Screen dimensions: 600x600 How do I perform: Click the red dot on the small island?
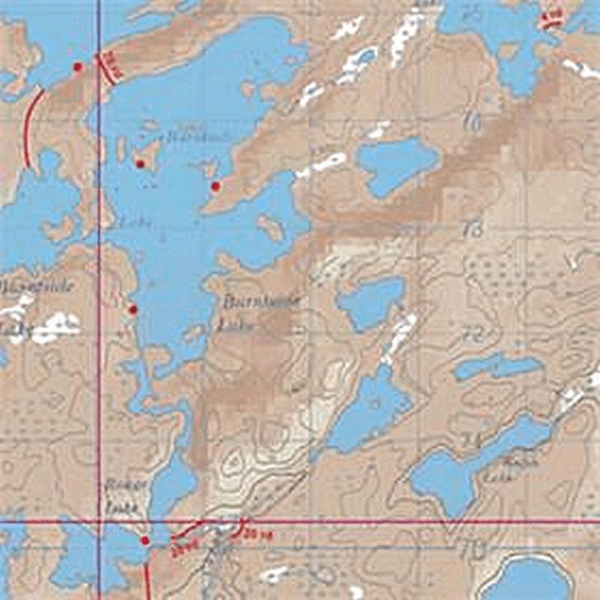pyautogui.click(x=139, y=163)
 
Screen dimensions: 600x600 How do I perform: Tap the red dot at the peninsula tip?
pyautogui.click(x=216, y=186)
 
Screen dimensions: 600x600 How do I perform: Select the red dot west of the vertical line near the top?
pyautogui.click(x=77, y=67)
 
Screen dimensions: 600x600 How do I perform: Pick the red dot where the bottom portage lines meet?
pyautogui.click(x=145, y=540)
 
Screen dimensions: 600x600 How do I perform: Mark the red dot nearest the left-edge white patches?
pyautogui.click(x=133, y=309)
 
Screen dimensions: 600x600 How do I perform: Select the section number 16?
pyautogui.click(x=471, y=122)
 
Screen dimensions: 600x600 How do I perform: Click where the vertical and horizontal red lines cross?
pyautogui.click(x=99, y=521)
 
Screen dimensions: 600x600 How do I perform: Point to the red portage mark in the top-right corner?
pyautogui.click(x=551, y=18)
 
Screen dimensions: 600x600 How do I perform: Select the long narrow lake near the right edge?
pyautogui.click(x=498, y=366)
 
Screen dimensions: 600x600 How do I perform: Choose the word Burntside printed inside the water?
pyautogui.click(x=187, y=138)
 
